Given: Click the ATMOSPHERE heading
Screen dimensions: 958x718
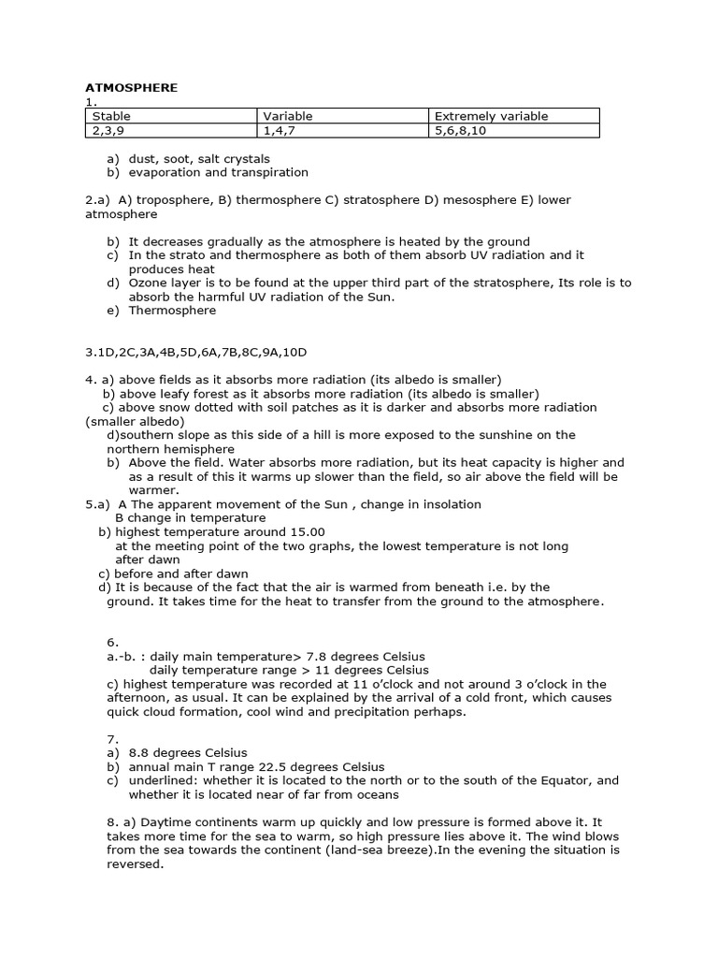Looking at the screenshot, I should [x=131, y=88].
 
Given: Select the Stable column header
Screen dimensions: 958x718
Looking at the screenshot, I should [x=111, y=116].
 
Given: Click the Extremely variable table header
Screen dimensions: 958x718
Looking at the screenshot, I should [x=491, y=116].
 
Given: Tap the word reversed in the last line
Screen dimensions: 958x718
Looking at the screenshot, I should [x=136, y=864].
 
